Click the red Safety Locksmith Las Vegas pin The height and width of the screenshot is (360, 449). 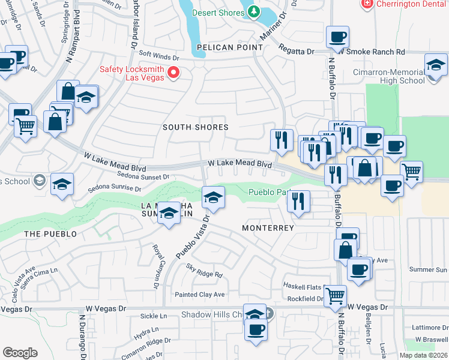[x=174, y=73]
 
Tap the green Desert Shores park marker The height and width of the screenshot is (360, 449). [x=253, y=11]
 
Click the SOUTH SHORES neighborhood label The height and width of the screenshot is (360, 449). [x=196, y=127]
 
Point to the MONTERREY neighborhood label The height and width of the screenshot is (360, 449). [x=268, y=229]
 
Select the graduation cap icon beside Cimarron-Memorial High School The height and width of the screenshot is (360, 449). [x=435, y=65]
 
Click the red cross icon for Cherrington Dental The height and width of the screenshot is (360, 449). [x=367, y=4]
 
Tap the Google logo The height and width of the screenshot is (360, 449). [x=20, y=352]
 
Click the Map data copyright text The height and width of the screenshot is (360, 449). [x=423, y=355]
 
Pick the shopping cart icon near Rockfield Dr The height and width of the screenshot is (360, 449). [x=334, y=295]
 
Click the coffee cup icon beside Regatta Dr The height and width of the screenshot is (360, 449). [x=337, y=37]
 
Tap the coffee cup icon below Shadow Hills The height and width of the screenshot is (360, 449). [x=256, y=329]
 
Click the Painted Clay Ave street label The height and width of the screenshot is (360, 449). [x=199, y=295]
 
